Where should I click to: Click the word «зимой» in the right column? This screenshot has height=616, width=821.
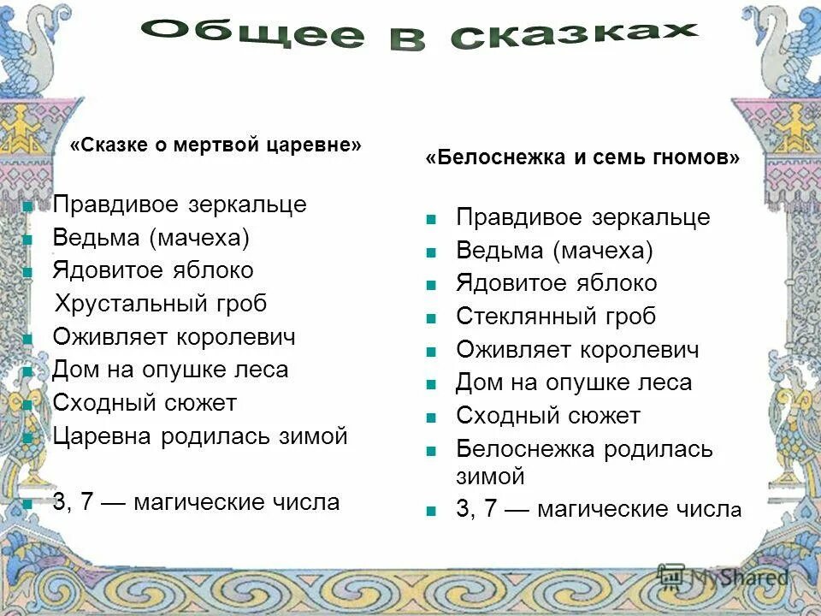(490, 477)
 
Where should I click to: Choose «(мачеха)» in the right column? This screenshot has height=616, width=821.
(602, 251)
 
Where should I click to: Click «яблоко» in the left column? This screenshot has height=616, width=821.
(214, 270)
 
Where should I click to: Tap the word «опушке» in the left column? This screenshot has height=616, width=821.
(174, 370)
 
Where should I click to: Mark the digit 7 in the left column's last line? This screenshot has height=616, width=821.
(86, 502)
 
